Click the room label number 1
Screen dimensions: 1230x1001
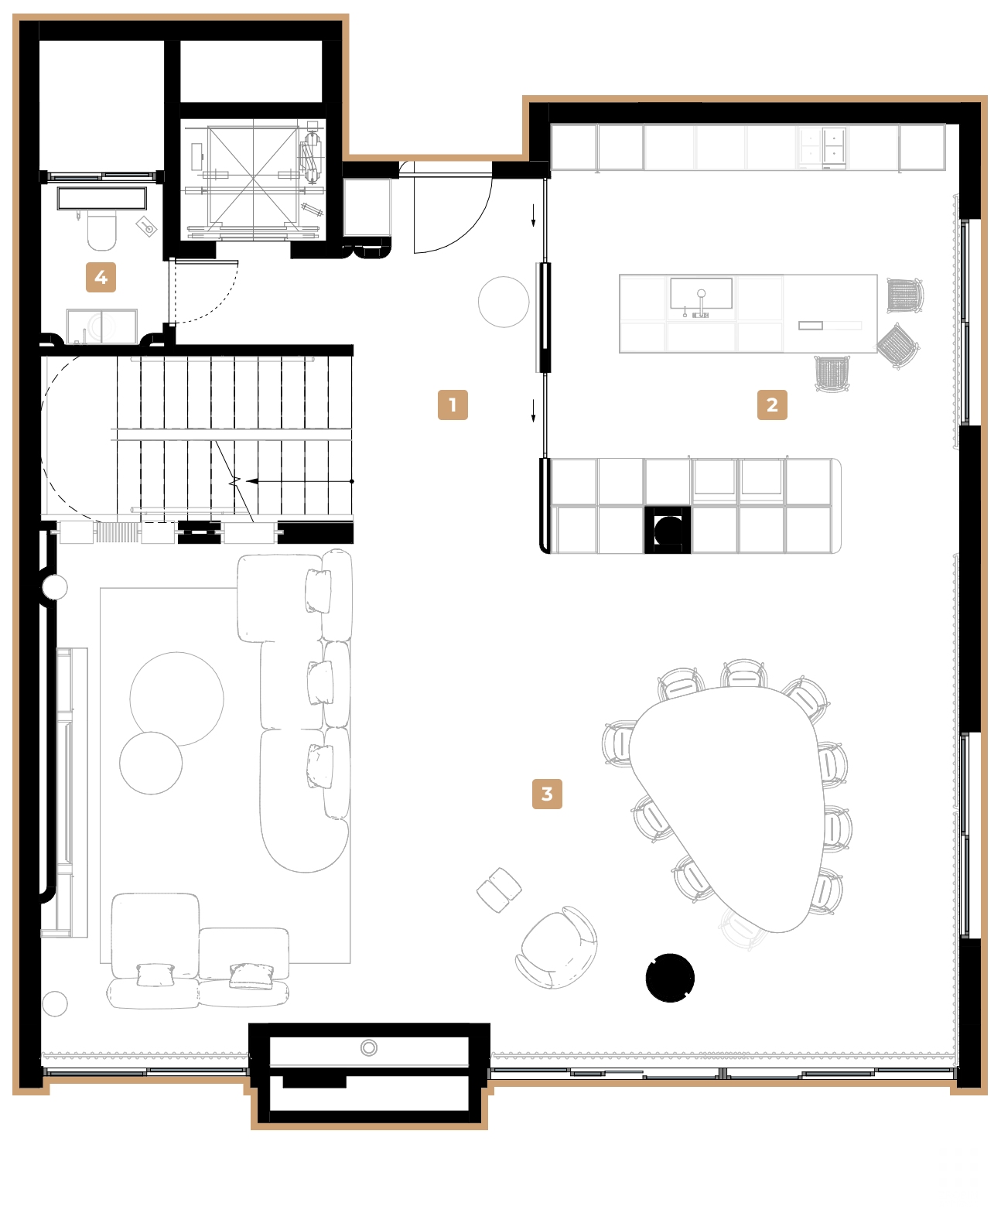[x=453, y=405]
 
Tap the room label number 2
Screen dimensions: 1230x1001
[x=772, y=405]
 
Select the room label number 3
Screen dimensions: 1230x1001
[x=547, y=794]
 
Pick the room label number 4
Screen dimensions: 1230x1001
[x=101, y=277]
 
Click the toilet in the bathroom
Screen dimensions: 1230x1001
[x=101, y=231]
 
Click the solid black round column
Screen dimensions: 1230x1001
[x=670, y=978]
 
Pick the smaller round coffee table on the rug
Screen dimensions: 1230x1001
[x=151, y=763]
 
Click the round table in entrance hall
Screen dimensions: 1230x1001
[x=504, y=302]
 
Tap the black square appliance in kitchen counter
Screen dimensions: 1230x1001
[x=668, y=530]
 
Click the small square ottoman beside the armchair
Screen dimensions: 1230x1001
[x=499, y=890]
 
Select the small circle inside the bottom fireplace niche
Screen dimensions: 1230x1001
[x=369, y=1048]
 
